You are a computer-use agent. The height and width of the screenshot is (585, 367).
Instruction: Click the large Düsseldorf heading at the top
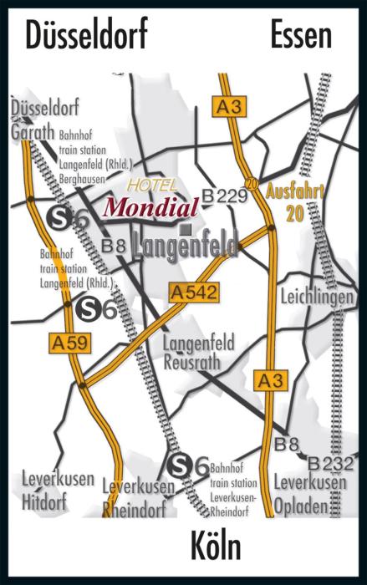click(x=87, y=36)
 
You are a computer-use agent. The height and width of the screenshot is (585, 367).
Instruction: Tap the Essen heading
click(x=301, y=36)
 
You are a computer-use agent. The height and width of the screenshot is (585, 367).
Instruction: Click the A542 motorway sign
click(x=193, y=292)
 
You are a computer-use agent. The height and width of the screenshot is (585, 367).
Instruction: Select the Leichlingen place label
click(x=318, y=298)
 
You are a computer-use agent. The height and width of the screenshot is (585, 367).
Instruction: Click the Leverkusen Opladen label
click(x=309, y=491)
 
